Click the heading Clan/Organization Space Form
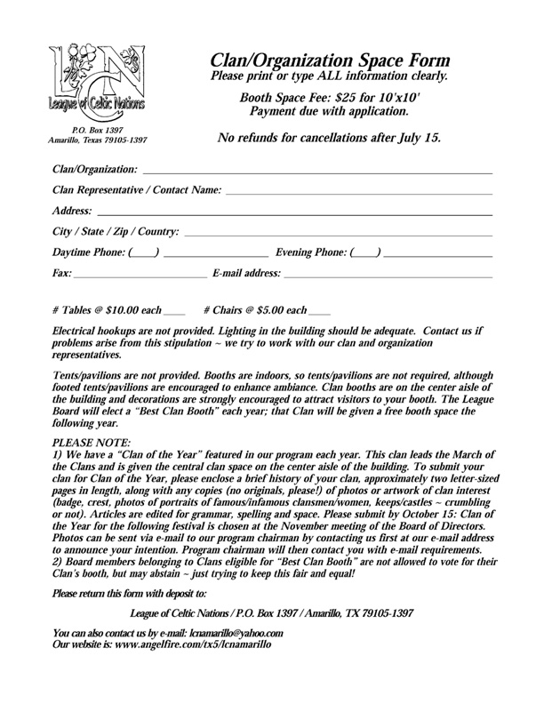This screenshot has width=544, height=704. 330,60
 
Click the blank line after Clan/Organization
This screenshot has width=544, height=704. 316,171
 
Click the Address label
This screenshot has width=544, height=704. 72,212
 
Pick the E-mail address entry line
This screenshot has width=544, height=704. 388,276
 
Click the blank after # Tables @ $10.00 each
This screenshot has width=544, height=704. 174,312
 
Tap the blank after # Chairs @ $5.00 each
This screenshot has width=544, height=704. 319,312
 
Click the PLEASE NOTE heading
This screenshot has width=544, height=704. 92,441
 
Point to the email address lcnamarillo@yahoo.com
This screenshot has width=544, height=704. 233,632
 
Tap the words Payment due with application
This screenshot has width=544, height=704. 324,112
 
